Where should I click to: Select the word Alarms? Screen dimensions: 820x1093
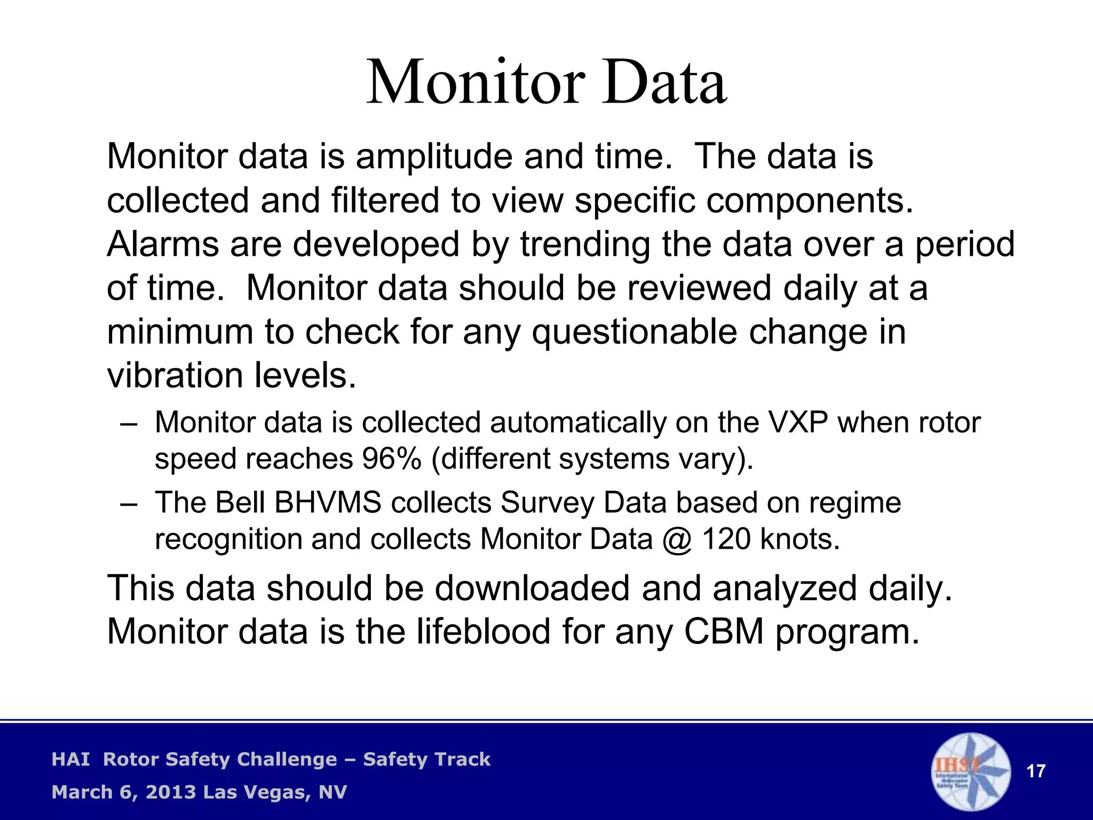tap(163, 245)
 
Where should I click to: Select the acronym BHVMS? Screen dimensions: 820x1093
tap(328, 503)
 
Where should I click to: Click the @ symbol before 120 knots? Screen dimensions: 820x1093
tap(677, 540)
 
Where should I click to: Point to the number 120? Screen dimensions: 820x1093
tap(726, 539)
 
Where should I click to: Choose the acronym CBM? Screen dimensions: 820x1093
tap(724, 632)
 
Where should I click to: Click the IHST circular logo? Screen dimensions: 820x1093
tap(971, 771)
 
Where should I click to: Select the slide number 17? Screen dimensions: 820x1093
tap(1036, 771)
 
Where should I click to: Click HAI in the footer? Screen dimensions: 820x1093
tap(70, 759)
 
